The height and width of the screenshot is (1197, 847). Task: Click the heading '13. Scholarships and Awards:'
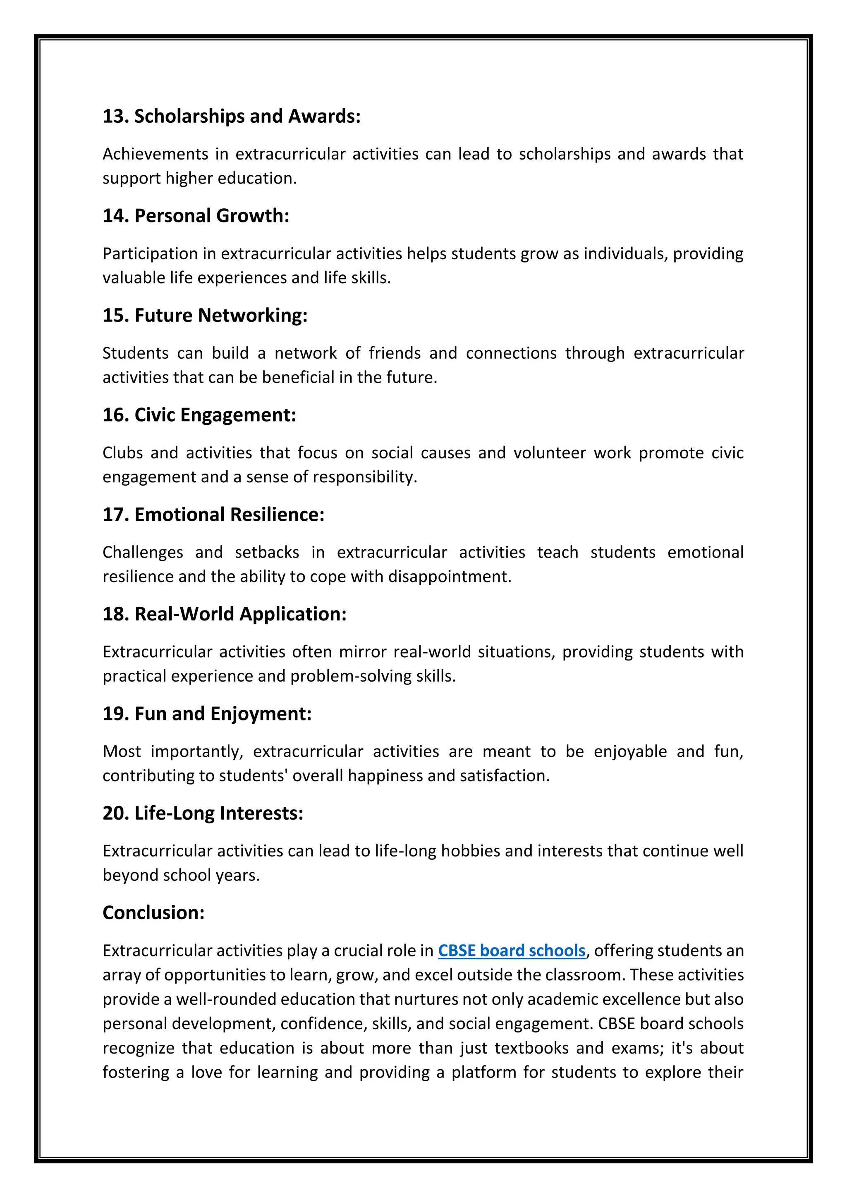[231, 116]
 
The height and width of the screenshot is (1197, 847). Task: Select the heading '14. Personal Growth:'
[196, 216]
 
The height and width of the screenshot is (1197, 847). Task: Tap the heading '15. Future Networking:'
[205, 315]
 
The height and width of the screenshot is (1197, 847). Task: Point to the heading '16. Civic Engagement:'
[199, 415]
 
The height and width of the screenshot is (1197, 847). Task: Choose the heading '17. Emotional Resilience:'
[213, 515]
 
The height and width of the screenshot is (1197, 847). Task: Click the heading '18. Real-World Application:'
[224, 614]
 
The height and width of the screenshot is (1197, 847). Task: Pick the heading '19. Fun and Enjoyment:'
[207, 714]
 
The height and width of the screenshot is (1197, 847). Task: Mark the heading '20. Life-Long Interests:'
[203, 813]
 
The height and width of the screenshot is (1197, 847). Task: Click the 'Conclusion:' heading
[153, 913]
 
